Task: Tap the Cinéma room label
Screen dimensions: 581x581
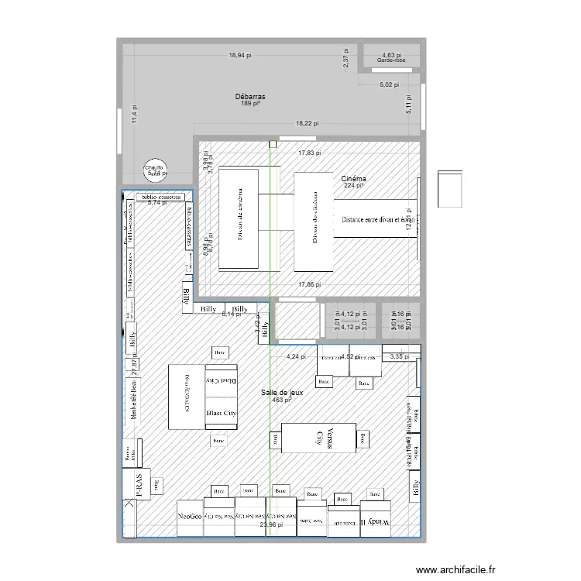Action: tap(354, 179)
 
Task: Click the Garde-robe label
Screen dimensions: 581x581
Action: tap(391, 60)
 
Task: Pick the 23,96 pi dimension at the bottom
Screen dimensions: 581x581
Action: tap(272, 524)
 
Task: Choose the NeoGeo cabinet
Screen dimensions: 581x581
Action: tap(189, 516)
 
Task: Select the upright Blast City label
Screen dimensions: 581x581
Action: tap(221, 413)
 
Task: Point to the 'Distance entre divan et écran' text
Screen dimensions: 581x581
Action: tap(377, 219)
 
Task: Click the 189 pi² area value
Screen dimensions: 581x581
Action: tap(249, 103)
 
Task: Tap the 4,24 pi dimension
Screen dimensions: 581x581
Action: tap(297, 356)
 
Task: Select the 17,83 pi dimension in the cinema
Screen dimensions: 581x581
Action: tap(312, 153)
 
